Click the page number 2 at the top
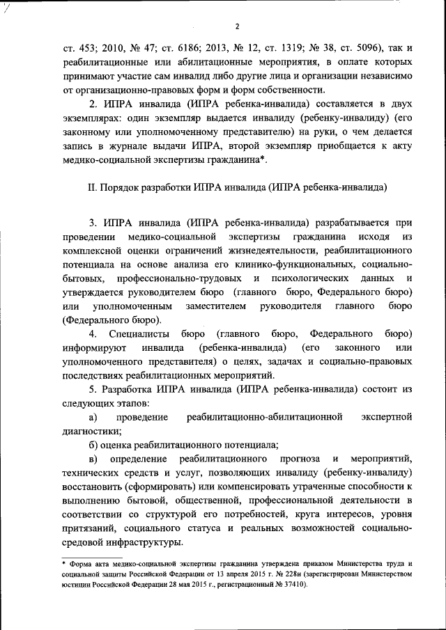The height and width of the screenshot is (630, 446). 237,27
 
